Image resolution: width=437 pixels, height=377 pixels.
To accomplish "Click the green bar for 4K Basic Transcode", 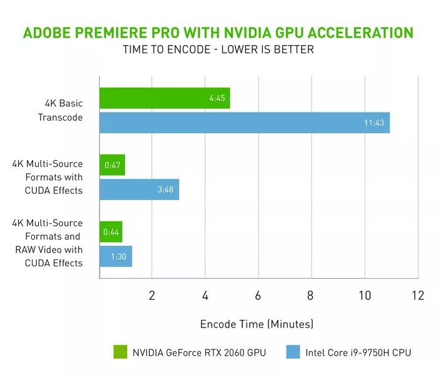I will coord(165,98).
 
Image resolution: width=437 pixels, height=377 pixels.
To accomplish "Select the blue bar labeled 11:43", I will coord(245,123).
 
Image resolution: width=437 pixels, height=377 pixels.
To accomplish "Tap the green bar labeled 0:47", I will coord(112,165).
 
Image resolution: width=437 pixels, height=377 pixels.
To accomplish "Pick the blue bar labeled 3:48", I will coord(139,189).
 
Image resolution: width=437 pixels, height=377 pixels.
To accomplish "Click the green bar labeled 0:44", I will coord(111,232).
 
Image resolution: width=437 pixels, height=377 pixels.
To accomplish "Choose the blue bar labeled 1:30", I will coord(115,256).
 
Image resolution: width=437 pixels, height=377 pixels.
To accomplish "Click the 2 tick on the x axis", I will coord(152,295).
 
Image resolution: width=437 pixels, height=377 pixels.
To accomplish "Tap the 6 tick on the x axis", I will coord(258,295).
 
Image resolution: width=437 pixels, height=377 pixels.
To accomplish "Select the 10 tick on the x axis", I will coord(364,295).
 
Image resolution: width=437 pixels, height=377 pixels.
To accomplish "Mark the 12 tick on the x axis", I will coord(417,295).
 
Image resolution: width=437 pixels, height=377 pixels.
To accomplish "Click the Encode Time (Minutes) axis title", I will coord(257,324).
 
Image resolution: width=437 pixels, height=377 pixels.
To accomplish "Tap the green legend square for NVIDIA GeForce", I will coord(120,352).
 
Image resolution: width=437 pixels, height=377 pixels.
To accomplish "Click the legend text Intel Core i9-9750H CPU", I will coord(358,353).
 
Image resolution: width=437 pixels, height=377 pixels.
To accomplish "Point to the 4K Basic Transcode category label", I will coord(62,110).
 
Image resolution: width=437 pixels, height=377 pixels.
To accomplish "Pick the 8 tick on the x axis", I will coord(311,295).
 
